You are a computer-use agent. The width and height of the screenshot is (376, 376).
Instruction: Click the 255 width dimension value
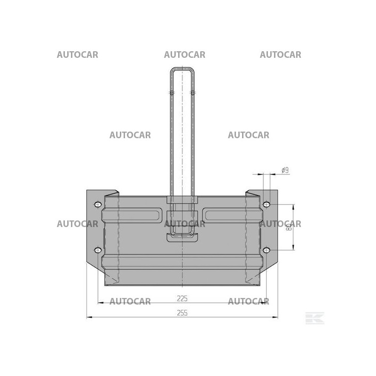tap(182, 313)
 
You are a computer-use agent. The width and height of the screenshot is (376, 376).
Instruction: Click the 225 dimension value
tap(182, 298)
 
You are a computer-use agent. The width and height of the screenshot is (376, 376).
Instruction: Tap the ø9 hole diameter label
tap(284, 170)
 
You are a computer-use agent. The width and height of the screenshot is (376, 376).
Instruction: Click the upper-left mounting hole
tap(98, 204)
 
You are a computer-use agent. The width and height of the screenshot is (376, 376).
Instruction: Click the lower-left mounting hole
tap(98, 250)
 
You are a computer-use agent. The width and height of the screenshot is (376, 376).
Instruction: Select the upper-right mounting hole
tap(266, 204)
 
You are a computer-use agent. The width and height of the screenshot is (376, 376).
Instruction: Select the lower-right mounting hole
tap(266, 250)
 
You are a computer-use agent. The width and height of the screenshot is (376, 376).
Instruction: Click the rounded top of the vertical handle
tap(182, 70)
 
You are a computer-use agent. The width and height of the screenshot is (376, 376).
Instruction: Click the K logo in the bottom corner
tap(314, 318)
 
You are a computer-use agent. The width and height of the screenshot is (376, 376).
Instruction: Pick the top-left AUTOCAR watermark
tap(78, 55)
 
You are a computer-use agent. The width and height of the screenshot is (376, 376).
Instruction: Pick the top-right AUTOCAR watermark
tap(281, 55)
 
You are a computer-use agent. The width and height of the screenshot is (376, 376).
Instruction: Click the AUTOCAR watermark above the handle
tap(185, 55)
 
